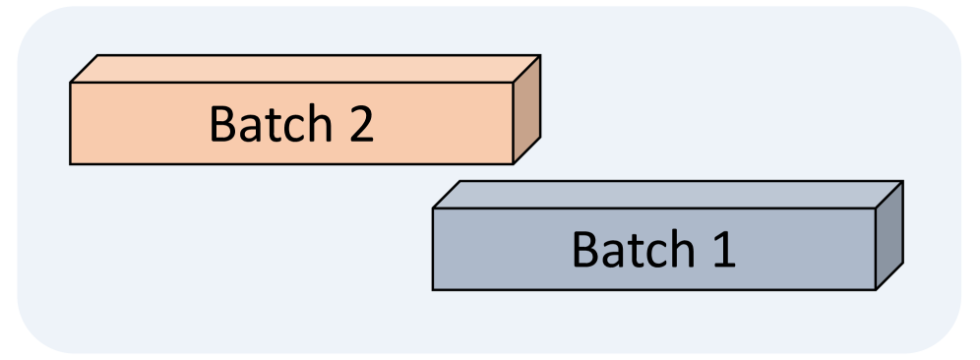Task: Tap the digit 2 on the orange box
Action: point(359,125)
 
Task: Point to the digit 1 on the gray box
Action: point(722,250)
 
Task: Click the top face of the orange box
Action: point(305,69)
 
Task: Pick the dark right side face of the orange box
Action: point(526,109)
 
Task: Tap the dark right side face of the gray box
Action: point(889,235)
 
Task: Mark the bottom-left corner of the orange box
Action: point(70,164)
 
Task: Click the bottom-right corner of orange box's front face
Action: point(514,164)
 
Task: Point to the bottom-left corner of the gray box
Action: point(433,290)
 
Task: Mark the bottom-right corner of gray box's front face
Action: point(876,290)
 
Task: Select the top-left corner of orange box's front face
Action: point(70,83)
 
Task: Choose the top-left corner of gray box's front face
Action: point(433,209)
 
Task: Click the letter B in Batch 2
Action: point(222,125)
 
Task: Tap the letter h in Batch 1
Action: point(671,249)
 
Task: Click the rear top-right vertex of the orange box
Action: point(540,56)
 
